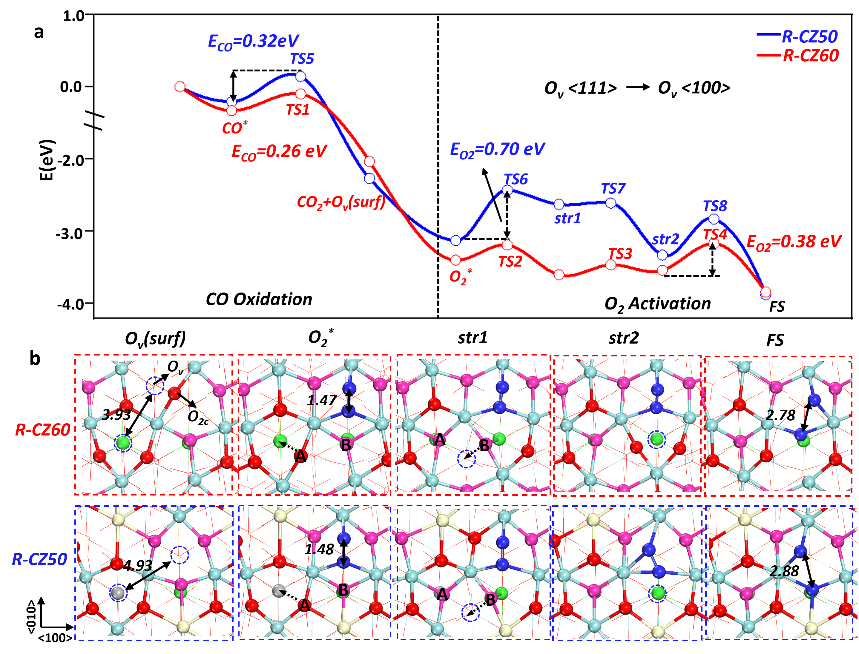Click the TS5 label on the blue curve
point(302,59)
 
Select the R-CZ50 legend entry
point(809,37)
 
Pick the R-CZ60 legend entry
point(810,56)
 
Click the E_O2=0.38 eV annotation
point(794,242)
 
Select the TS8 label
point(715,206)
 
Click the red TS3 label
point(620,254)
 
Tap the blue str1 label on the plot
point(567,218)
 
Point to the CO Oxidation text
point(259,299)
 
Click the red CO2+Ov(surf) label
point(341,202)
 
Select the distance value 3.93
point(116,415)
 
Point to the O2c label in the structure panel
point(198,417)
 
